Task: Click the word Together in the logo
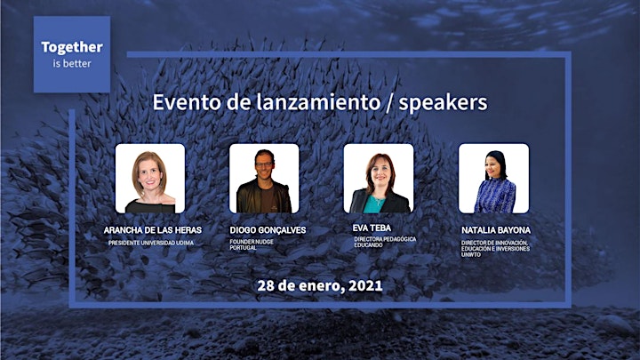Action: (x=72, y=48)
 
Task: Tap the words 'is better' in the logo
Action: (x=72, y=64)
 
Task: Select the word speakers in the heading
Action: (x=443, y=103)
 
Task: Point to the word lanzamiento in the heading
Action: (x=318, y=102)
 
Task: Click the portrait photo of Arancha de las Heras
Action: (x=150, y=178)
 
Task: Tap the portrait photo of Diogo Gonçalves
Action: (x=264, y=178)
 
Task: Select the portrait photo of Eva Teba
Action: (x=379, y=178)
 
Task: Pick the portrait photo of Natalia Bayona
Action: (x=493, y=178)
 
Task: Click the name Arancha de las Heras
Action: (x=153, y=230)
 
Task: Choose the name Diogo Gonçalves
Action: (x=268, y=230)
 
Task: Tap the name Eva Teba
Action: (x=372, y=228)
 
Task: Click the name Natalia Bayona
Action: (x=496, y=230)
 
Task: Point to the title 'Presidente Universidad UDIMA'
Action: (x=151, y=243)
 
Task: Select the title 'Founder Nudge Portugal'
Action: (x=252, y=244)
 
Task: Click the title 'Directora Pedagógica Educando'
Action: (x=385, y=242)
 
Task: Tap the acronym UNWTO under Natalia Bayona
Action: (x=471, y=255)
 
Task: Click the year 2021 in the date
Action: (x=365, y=285)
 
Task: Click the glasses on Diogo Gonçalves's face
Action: (x=264, y=165)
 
